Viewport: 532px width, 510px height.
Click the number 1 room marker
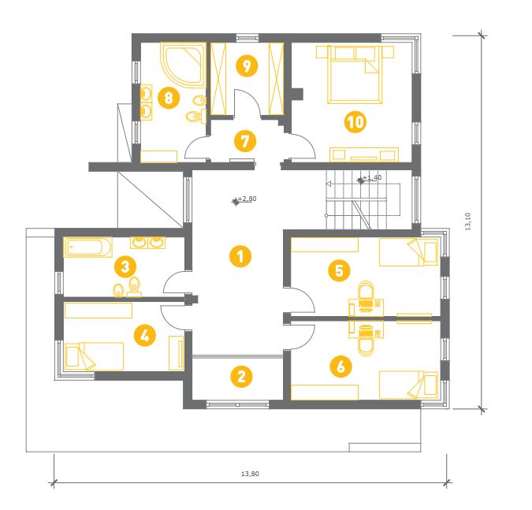240,256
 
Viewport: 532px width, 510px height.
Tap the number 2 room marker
241,376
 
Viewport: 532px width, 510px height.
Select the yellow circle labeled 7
245,141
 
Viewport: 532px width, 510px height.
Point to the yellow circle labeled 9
247,65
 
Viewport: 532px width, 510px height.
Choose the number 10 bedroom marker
355,122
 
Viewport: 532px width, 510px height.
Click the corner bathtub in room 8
184,64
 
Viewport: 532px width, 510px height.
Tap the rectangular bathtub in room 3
87,248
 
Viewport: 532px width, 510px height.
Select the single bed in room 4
94,356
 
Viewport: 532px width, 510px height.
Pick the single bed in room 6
408,385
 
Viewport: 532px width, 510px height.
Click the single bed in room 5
408,252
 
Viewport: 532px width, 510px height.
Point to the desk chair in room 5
366,296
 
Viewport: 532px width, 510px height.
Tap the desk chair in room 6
366,341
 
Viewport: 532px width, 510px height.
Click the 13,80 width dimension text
250,474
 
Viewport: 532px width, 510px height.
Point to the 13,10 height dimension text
468,221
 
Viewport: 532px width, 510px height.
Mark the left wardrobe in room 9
218,79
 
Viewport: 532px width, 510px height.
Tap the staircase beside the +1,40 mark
356,200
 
